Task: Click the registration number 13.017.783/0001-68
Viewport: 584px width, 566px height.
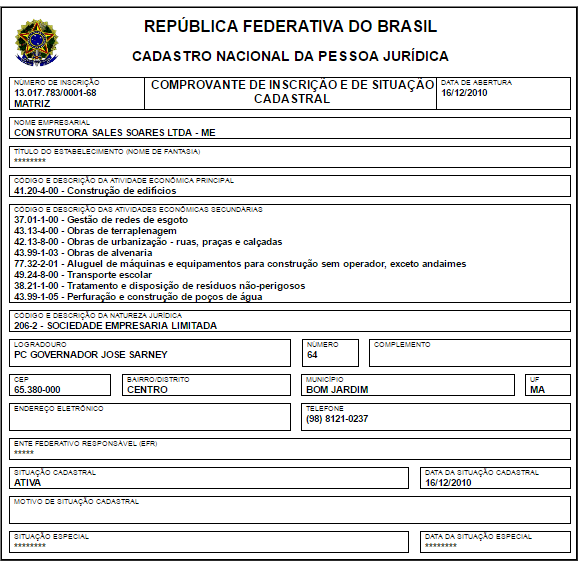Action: pos(56,92)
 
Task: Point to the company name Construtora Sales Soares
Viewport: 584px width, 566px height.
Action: pos(114,131)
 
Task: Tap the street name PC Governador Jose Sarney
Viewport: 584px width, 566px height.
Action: pos(91,354)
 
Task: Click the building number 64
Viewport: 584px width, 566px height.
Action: pos(312,354)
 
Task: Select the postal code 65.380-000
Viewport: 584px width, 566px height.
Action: pos(38,390)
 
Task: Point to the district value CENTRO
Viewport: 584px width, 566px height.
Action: pos(147,390)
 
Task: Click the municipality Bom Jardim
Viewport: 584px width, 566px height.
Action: pos(338,390)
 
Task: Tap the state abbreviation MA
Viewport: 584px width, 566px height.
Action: pos(538,390)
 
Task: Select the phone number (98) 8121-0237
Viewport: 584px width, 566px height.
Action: pos(337,419)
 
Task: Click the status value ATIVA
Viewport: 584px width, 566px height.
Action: pos(28,482)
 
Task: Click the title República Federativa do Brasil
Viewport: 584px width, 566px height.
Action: pos(290,27)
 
